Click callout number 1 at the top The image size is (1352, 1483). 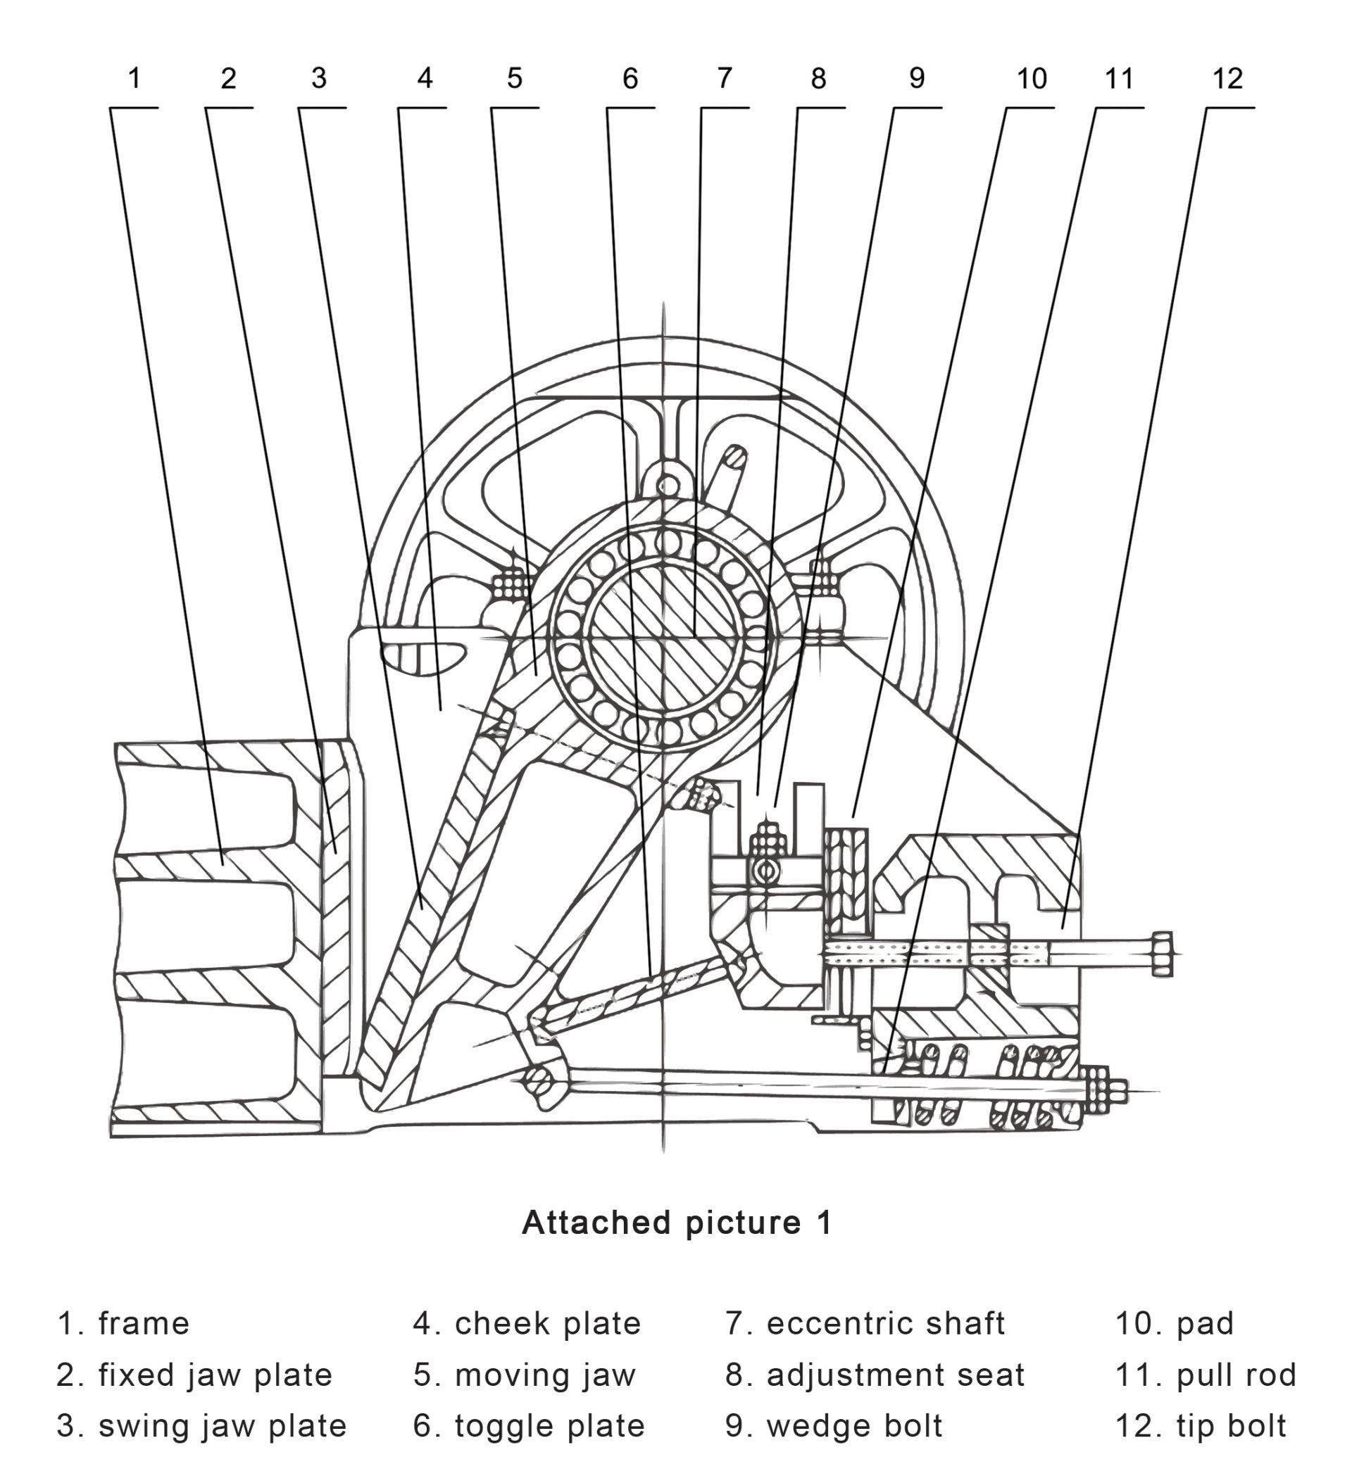pyautogui.click(x=134, y=77)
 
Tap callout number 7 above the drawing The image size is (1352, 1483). pyautogui.click(x=724, y=77)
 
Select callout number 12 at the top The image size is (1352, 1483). pyautogui.click(x=1227, y=78)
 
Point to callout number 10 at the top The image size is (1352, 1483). pyautogui.click(x=1031, y=78)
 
